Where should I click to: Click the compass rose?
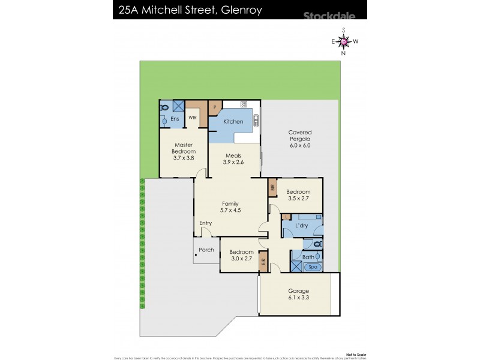tap(343, 41)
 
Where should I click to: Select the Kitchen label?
tap(233, 122)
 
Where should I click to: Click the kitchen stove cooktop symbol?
tap(244, 104)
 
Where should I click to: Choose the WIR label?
tap(193, 118)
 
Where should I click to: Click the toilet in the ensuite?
tap(164, 107)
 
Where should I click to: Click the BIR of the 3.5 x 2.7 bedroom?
tap(272, 188)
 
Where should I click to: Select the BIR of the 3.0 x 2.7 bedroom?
tap(263, 262)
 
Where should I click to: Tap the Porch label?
tap(206, 250)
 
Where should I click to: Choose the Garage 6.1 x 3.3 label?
tap(298, 295)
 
